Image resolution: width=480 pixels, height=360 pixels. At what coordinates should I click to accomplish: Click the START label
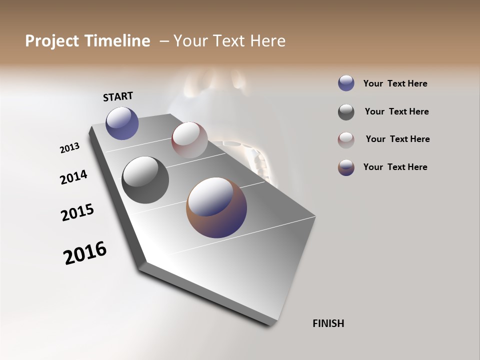click(x=118, y=96)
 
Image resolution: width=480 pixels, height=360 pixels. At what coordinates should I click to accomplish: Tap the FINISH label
click(x=328, y=323)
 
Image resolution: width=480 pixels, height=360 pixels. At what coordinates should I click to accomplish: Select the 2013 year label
click(x=69, y=148)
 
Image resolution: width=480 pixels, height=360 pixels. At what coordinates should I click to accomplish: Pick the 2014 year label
click(x=73, y=177)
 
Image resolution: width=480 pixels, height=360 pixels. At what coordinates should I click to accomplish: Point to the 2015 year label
click(x=77, y=212)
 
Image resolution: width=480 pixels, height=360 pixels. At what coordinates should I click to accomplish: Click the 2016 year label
click(x=85, y=253)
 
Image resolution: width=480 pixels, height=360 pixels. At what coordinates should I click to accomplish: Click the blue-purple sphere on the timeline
click(x=122, y=123)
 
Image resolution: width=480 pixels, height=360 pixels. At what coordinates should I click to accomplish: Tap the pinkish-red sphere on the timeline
click(x=189, y=139)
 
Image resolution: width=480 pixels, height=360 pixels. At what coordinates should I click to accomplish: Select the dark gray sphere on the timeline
click(x=145, y=180)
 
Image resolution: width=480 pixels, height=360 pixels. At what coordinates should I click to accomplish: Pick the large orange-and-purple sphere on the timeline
click(x=216, y=207)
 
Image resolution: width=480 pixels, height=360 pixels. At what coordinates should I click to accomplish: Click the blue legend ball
click(x=346, y=83)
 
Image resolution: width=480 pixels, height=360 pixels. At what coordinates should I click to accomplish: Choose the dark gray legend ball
click(x=346, y=112)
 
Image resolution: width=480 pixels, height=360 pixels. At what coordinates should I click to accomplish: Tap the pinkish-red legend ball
click(x=346, y=140)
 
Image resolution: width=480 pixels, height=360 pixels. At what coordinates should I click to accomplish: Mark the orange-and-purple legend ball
click(x=346, y=167)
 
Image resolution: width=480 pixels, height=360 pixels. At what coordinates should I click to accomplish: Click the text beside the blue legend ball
click(x=395, y=84)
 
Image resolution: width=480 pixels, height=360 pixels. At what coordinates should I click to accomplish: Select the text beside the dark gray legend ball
click(x=396, y=111)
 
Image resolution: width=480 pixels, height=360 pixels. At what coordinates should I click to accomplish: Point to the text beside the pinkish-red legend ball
click(x=397, y=139)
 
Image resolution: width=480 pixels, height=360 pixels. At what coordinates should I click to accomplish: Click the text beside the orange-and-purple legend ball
click(x=395, y=167)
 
